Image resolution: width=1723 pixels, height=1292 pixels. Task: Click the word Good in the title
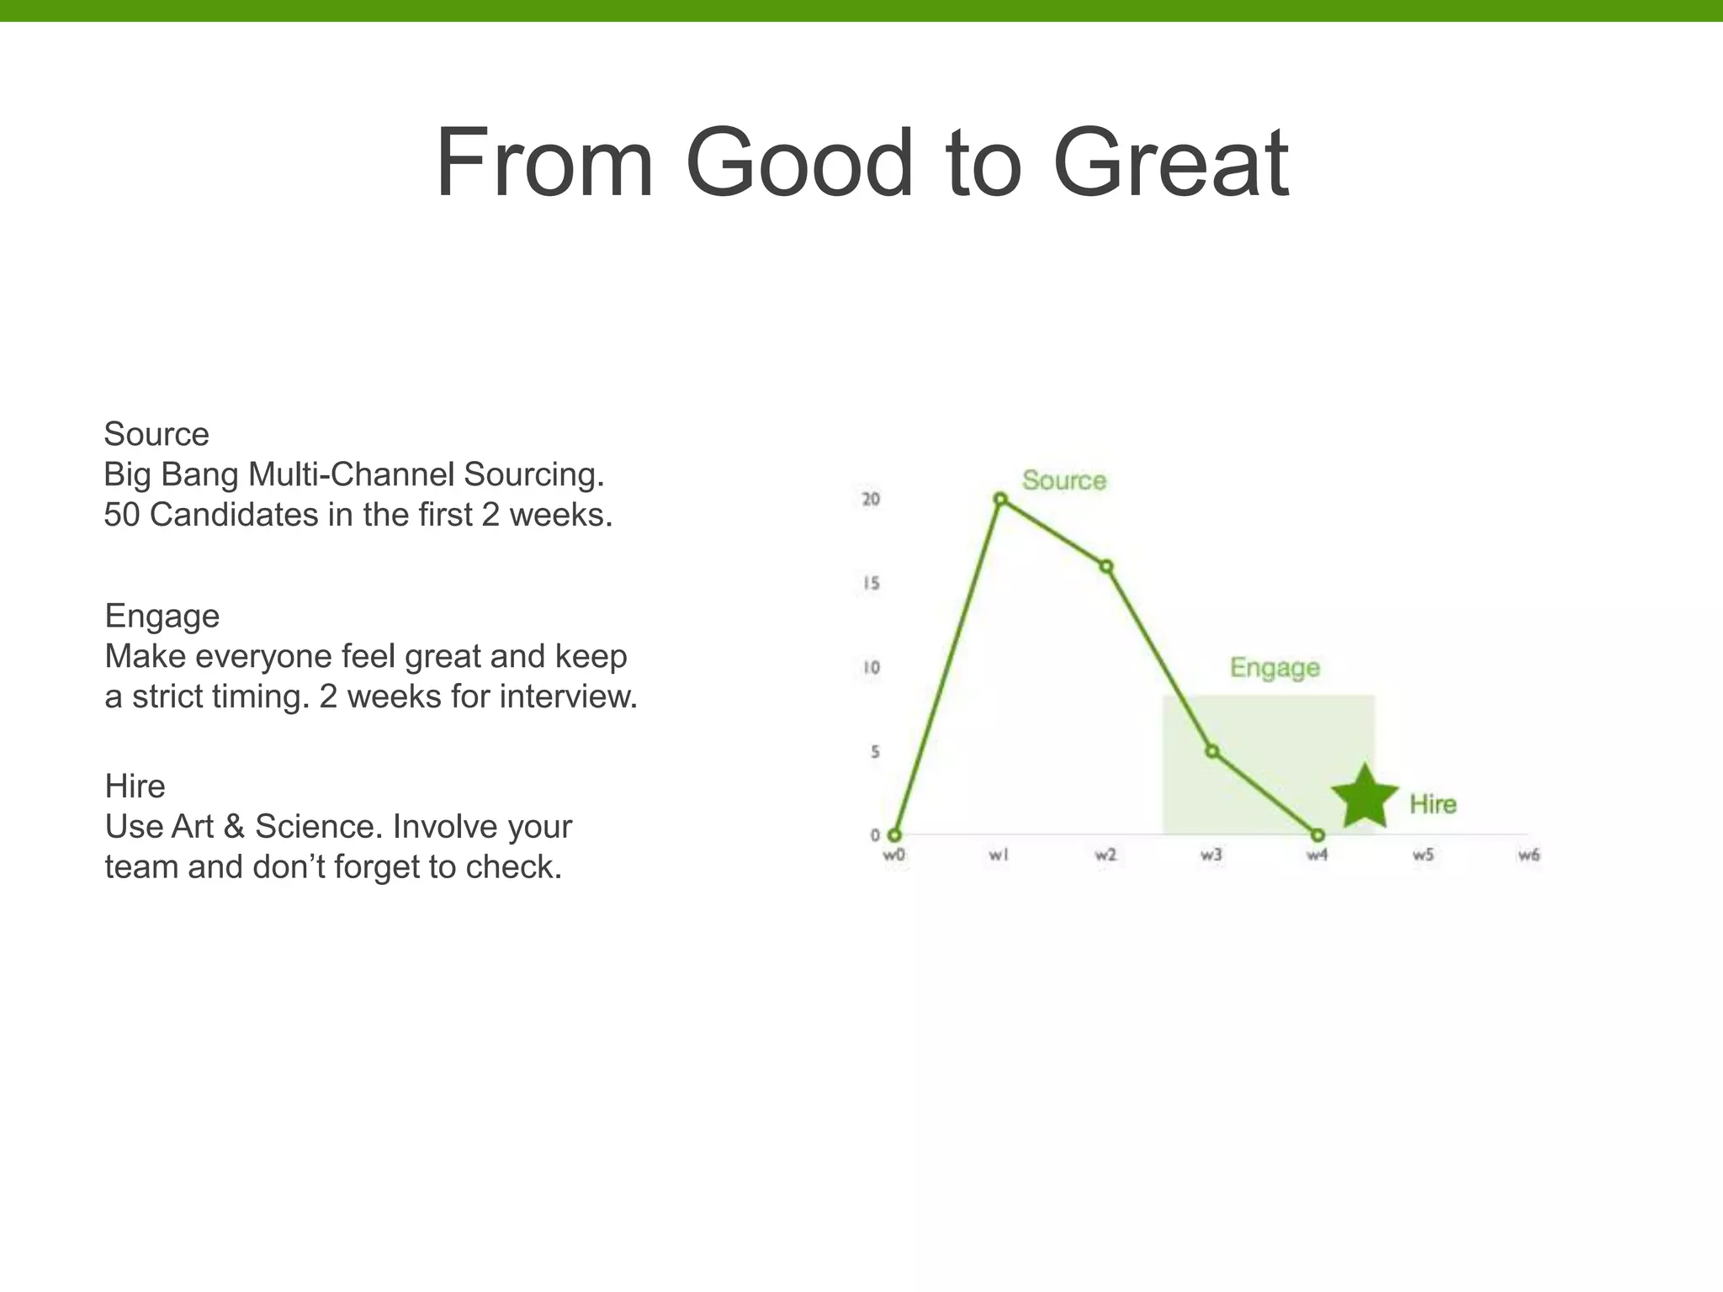(x=799, y=163)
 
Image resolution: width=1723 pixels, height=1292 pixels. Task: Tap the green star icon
(x=1364, y=797)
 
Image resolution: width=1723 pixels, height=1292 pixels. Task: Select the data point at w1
(x=1000, y=500)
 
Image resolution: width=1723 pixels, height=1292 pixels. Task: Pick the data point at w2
(x=1106, y=567)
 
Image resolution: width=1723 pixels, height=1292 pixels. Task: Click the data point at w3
(x=1212, y=751)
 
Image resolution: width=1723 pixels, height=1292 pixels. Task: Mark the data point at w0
(x=894, y=835)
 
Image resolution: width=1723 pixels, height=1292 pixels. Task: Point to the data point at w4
(x=1318, y=835)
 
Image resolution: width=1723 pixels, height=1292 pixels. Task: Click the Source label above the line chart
(x=1063, y=480)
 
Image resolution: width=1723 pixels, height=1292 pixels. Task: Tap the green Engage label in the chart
(x=1275, y=668)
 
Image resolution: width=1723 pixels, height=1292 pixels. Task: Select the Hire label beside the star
(x=1433, y=804)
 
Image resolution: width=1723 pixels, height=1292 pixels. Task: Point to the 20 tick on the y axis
(x=871, y=500)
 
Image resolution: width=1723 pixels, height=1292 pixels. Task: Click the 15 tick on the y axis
(x=871, y=584)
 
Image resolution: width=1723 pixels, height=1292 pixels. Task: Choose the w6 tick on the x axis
(x=1529, y=855)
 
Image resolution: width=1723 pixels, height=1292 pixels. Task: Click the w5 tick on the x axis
(x=1423, y=855)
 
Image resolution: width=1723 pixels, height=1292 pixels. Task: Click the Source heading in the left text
(x=156, y=435)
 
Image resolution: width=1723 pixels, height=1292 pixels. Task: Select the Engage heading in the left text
(x=162, y=617)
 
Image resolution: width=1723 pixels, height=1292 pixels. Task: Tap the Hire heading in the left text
(x=135, y=786)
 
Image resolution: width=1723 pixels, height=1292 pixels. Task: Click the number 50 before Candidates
(x=121, y=515)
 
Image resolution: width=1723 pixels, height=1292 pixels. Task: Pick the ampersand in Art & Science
(x=234, y=827)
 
